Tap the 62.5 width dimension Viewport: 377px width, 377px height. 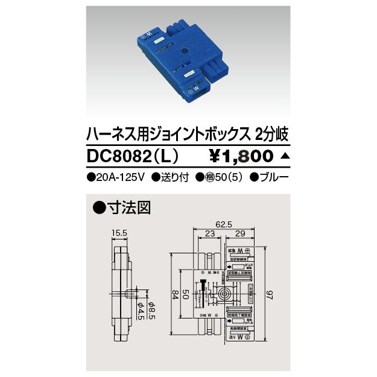pos(226,224)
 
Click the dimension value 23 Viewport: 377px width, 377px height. pos(209,235)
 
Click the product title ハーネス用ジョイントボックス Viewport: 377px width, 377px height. pos(168,133)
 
